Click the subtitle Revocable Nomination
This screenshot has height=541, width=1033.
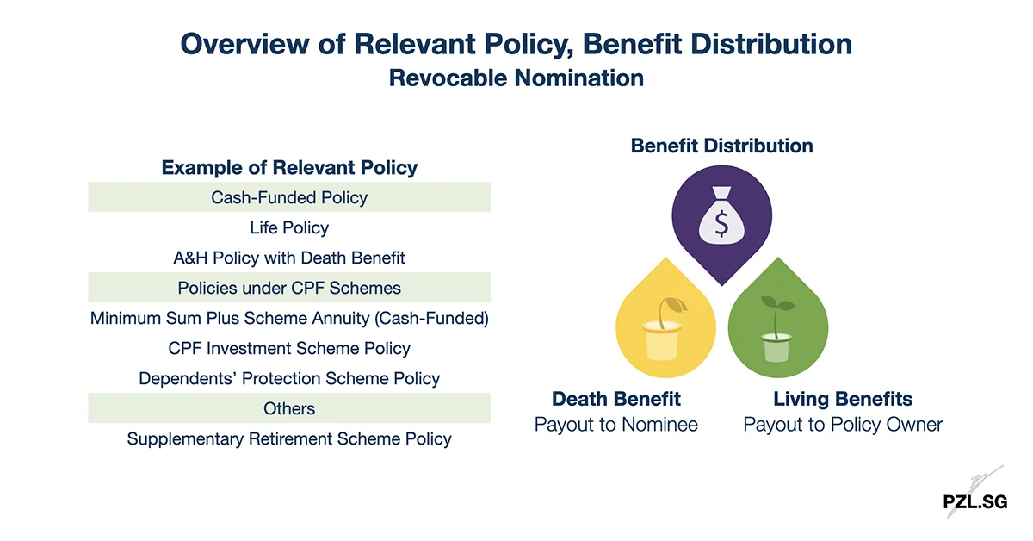click(516, 78)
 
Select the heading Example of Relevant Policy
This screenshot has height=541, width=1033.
click(289, 167)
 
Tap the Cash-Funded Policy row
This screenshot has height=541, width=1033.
click(289, 197)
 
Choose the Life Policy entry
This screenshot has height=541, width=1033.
click(289, 227)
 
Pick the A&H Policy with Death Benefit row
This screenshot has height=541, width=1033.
click(289, 258)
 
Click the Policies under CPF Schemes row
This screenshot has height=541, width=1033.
click(289, 288)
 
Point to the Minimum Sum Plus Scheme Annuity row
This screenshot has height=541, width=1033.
click(289, 318)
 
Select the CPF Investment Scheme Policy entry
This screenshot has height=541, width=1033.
click(289, 348)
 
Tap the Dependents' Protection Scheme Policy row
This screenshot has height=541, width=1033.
click(289, 378)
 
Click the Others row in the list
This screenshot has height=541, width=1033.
click(289, 408)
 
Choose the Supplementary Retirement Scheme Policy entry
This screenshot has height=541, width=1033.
click(289, 438)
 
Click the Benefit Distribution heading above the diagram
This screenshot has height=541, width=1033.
click(721, 146)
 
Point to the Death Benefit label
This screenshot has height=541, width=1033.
click(616, 399)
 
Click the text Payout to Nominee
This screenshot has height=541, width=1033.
click(616, 425)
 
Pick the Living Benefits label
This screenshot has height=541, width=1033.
click(843, 399)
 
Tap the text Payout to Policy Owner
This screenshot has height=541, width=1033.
click(843, 425)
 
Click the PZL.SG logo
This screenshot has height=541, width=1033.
click(974, 501)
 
